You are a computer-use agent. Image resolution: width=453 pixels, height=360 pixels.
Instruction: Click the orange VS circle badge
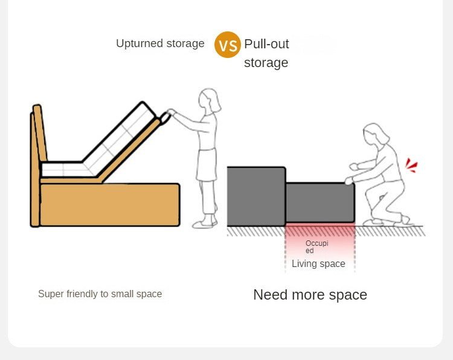coord(227,45)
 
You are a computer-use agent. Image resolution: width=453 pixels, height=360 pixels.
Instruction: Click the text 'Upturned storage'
coord(160,43)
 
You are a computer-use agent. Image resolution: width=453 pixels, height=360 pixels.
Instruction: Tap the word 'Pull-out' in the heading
coord(266,44)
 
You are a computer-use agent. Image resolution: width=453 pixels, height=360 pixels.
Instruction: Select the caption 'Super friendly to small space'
coord(100,294)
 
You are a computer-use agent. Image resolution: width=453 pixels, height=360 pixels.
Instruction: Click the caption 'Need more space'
coord(310,295)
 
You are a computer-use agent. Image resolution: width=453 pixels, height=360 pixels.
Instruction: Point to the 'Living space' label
coord(318,263)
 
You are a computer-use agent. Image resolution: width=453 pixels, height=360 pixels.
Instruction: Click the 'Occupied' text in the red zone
coord(316,246)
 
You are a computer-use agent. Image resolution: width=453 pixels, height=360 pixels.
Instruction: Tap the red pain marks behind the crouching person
coord(411,166)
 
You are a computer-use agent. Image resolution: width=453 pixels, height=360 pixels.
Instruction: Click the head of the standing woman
coord(209,100)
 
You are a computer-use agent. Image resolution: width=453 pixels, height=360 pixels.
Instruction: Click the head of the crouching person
coord(375,135)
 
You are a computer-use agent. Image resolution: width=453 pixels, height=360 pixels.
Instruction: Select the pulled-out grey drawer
coord(320,202)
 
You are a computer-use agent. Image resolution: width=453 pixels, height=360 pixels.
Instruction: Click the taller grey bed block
coord(256,196)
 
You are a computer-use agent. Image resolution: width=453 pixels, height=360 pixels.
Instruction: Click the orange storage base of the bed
coord(110,205)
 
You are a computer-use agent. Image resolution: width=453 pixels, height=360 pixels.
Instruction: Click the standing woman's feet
coord(205,222)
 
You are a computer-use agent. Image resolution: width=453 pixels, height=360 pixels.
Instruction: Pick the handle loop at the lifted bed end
coord(165,118)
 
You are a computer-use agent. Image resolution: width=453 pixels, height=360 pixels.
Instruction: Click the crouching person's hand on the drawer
coord(349,181)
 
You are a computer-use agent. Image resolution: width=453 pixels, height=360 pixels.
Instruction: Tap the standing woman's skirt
coord(207,164)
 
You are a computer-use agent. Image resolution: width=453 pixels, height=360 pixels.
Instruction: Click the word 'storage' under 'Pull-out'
coord(266,63)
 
